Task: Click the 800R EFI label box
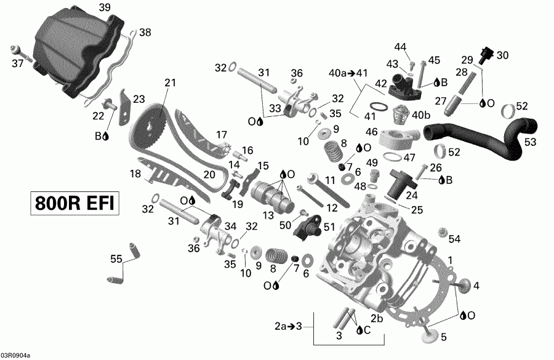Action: click(x=73, y=204)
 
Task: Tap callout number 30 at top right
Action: click(x=503, y=55)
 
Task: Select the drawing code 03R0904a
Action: click(x=15, y=355)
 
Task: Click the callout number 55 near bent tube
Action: click(x=116, y=259)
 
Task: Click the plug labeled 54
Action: click(x=441, y=233)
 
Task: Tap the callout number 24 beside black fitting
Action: click(x=411, y=196)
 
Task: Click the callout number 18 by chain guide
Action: click(x=135, y=174)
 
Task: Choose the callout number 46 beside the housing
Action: click(x=371, y=131)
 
